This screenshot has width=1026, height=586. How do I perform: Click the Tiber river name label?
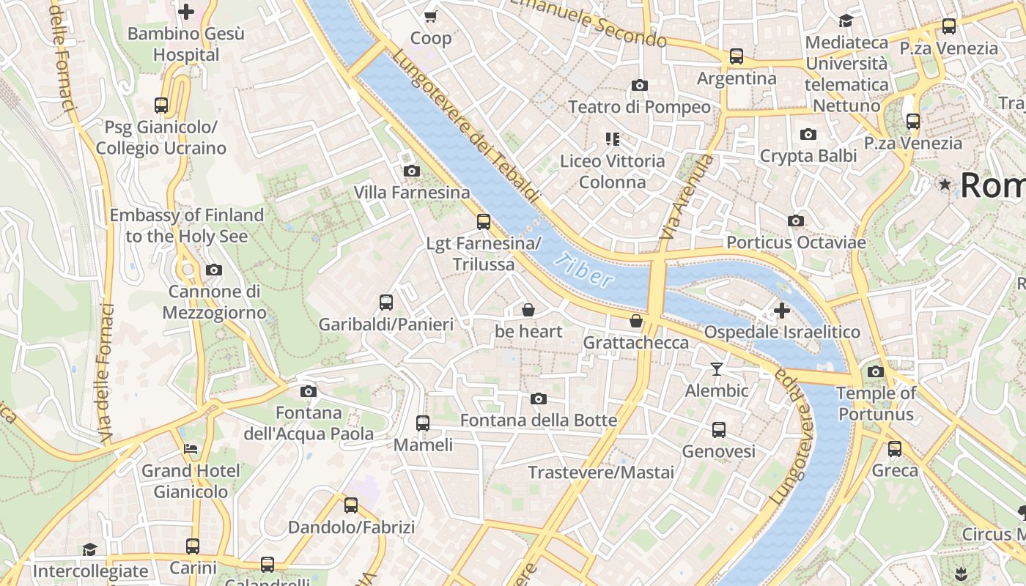pyautogui.click(x=583, y=270)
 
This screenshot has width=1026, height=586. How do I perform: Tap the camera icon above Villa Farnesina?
pyautogui.click(x=412, y=171)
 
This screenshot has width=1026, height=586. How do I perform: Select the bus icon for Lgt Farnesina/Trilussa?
pyautogui.click(x=483, y=221)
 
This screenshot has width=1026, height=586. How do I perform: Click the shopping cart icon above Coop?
pyautogui.click(x=431, y=16)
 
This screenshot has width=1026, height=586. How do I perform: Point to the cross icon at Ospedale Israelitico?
pyautogui.click(x=782, y=311)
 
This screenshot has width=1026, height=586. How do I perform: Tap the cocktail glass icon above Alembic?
pyautogui.click(x=717, y=368)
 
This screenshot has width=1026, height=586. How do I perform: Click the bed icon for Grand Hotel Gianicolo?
pyautogui.click(x=191, y=448)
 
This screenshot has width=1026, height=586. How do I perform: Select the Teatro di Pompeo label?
pyautogui.click(x=639, y=107)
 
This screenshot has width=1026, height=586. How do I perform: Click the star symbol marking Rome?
pyautogui.click(x=945, y=185)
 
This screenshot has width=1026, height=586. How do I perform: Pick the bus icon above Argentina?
pyautogui.click(x=737, y=56)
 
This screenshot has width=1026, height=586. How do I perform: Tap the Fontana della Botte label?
pyautogui.click(x=539, y=420)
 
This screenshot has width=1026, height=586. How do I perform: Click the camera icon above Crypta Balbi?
pyautogui.click(x=808, y=134)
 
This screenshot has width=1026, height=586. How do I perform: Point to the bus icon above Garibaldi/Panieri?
pyautogui.click(x=386, y=302)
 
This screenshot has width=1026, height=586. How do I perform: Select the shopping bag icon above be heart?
pyautogui.click(x=528, y=310)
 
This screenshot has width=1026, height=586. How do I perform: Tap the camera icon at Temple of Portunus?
pyautogui.click(x=876, y=371)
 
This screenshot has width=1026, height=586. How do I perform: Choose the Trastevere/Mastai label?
pyautogui.click(x=601, y=472)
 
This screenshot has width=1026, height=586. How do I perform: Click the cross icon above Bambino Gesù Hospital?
pyautogui.click(x=186, y=12)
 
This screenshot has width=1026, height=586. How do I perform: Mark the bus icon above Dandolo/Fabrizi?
pyautogui.click(x=351, y=505)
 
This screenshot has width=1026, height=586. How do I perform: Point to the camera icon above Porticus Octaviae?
pyautogui.click(x=796, y=220)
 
